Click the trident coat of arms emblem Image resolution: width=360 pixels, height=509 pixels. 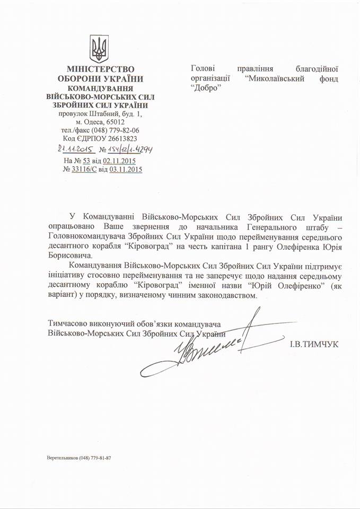click(x=99, y=49)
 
